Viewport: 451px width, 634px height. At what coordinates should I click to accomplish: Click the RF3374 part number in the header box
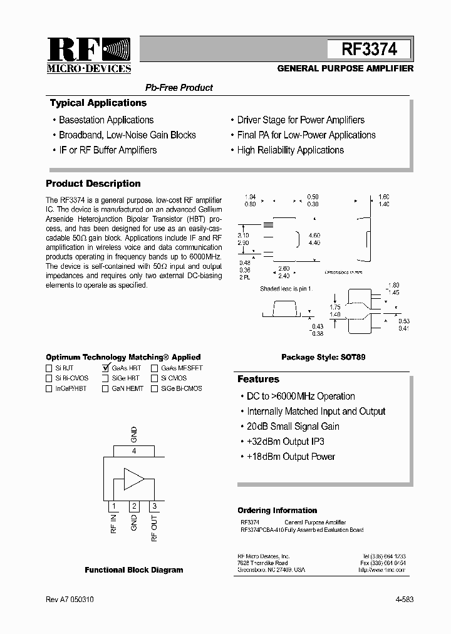pos(370,49)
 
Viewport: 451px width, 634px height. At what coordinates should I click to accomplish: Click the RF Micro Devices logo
pos(89,56)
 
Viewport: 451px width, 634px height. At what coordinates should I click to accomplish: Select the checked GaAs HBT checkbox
pos(105,368)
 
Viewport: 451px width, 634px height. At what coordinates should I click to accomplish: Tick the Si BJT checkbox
pos(49,368)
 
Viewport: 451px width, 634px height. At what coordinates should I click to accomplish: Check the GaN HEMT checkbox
pos(105,388)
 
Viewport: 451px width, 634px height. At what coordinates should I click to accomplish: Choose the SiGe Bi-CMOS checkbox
pos(154,388)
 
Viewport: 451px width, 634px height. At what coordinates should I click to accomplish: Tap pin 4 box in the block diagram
pos(133,451)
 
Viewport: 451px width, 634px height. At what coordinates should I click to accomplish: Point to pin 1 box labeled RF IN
pos(113,506)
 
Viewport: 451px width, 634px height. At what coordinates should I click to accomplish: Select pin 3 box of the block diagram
pos(154,506)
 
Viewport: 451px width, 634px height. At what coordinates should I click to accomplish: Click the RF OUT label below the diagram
pos(155,527)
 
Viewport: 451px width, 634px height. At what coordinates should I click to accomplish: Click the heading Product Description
pos(93,184)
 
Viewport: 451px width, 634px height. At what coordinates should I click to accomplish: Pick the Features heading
pos(258,379)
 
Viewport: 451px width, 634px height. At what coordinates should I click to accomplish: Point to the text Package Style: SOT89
pos(323,357)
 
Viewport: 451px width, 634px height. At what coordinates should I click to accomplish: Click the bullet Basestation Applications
pos(106,120)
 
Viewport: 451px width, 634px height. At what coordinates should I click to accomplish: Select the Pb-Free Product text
pos(179,88)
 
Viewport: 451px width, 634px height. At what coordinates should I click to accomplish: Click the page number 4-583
pos(404,600)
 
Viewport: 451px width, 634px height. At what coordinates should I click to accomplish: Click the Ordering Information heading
pos(277,511)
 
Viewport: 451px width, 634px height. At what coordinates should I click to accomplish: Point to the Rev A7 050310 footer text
pos(70,600)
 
